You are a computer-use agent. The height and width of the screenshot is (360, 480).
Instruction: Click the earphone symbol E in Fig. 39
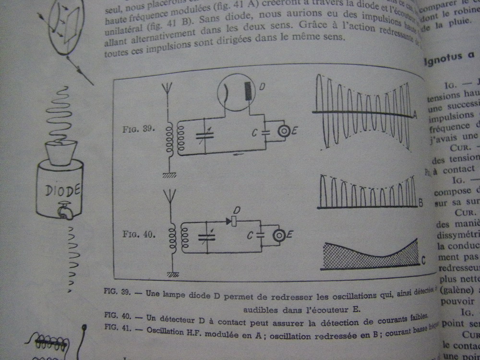pos(284,131)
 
